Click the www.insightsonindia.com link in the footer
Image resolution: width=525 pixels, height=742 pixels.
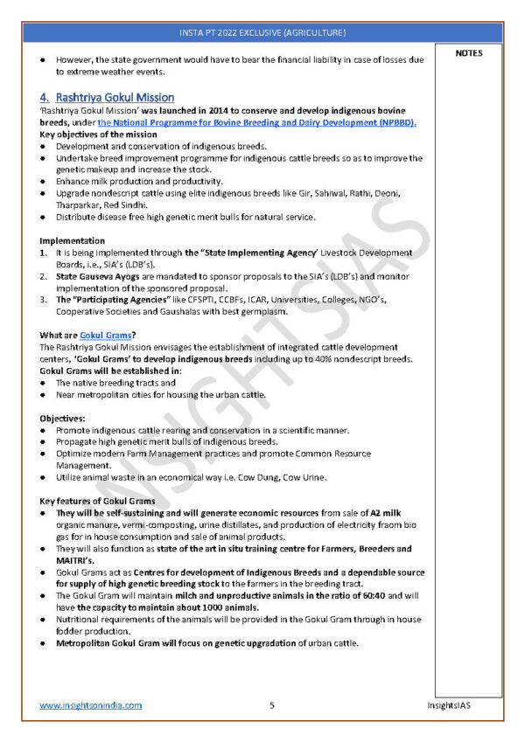(90, 704)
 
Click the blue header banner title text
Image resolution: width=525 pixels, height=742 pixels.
(262, 32)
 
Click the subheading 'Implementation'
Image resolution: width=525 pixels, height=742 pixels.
(73, 240)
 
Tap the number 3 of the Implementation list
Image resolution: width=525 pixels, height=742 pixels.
(43, 300)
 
